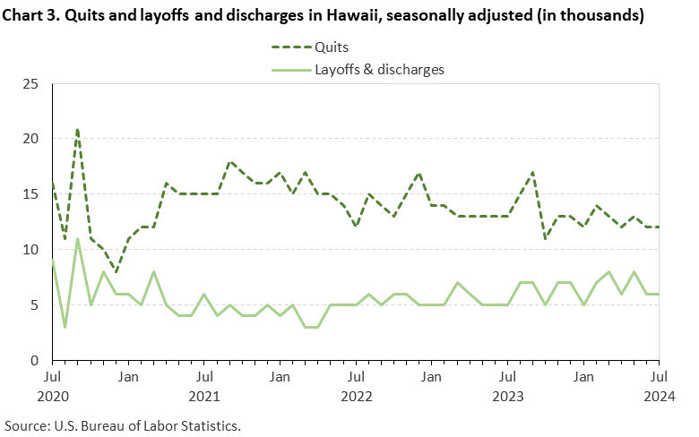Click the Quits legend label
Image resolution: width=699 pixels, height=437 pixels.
tap(332, 47)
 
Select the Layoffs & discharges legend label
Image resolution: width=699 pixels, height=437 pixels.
tap(379, 69)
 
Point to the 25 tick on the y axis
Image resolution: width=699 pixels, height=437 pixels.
tap(31, 84)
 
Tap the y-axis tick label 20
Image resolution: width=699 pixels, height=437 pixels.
tap(31, 139)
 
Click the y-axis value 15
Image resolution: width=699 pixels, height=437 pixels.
tap(31, 194)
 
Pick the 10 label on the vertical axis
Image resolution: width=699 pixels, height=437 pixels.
tap(31, 250)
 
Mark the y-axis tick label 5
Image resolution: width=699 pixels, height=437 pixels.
tap(35, 305)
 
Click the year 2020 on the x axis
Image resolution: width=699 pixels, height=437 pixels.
tap(53, 395)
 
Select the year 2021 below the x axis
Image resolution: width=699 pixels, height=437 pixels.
tap(205, 395)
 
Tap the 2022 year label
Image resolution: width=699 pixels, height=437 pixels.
tap(357, 395)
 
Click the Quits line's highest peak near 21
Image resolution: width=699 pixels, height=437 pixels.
tap(78, 129)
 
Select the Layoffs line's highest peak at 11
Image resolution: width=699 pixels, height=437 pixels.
tap(78, 239)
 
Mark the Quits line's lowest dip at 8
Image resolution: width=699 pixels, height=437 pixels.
tap(116, 271)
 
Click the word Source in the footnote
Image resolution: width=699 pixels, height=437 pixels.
tap(24, 424)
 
